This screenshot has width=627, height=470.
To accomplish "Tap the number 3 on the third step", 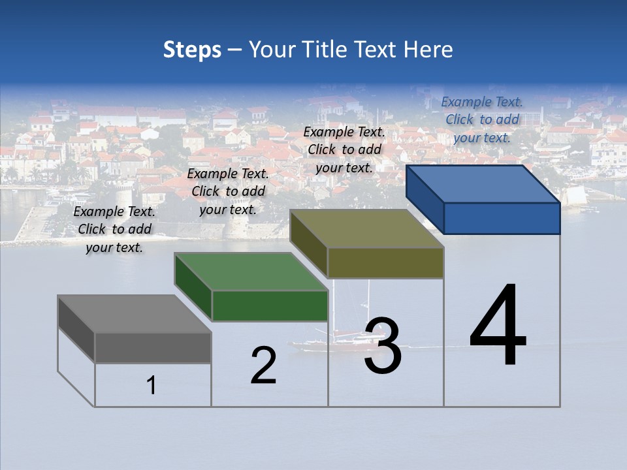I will (x=383, y=346).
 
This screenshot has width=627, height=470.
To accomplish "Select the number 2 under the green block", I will (x=263, y=365).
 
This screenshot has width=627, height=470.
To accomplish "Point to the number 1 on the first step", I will (x=152, y=385).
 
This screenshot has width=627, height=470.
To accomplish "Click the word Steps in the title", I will (x=192, y=50).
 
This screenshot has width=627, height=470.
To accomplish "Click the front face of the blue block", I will (x=502, y=218).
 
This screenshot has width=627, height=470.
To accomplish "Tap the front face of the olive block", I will (x=385, y=262).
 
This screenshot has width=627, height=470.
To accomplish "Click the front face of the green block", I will (x=270, y=305).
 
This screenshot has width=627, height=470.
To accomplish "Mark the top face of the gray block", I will (x=135, y=313).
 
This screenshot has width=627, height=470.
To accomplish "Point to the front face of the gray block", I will (x=153, y=347).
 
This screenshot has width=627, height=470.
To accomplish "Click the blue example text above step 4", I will (x=482, y=119).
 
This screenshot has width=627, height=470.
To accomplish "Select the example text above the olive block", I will (x=344, y=149).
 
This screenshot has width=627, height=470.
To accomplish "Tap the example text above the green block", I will (x=228, y=191).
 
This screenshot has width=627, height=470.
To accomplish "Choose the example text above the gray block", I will (x=114, y=229).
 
